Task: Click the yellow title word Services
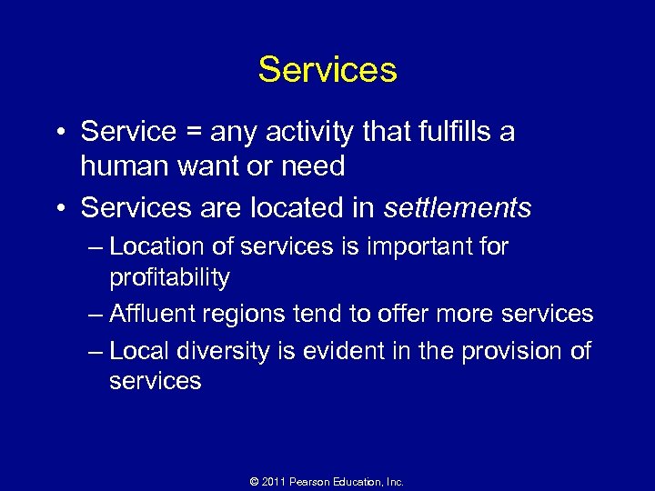point(327,70)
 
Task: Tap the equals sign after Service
point(193,133)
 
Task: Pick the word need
point(313,166)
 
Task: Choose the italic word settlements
point(458,208)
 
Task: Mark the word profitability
point(169,276)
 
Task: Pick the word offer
point(407,314)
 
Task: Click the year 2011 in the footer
point(276,481)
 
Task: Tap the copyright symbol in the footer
point(256,481)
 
